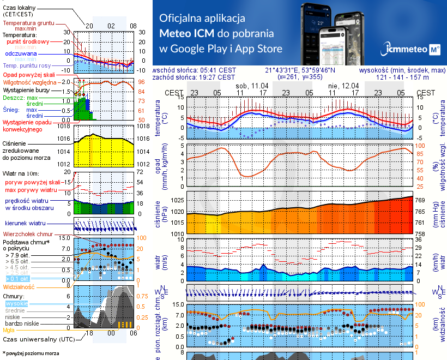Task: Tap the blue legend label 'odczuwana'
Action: (21, 54)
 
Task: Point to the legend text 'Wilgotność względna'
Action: (29, 82)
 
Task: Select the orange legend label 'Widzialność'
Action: (19, 286)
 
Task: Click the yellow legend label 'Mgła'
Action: (9, 330)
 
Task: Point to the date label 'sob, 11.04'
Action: (252, 86)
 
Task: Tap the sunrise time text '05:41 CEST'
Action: (217, 70)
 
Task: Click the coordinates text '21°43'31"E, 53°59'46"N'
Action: (300, 70)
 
